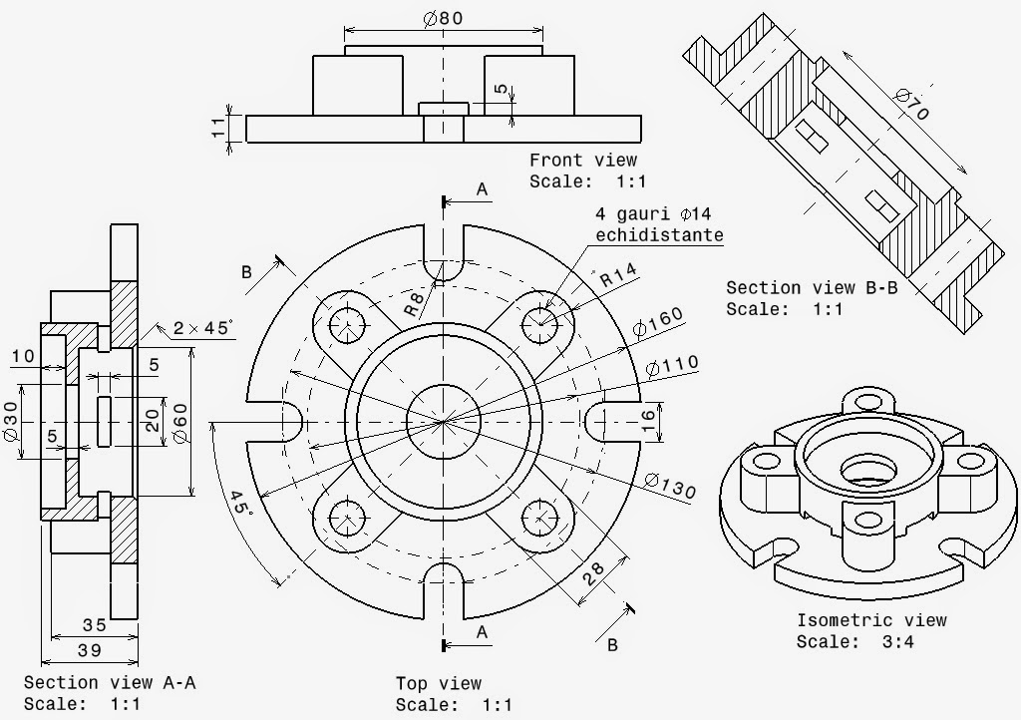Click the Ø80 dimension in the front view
[443, 18]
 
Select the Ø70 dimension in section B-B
[912, 105]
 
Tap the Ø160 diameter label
[657, 322]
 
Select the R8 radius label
[417, 302]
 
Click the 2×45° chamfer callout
[201, 328]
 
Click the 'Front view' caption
[582, 160]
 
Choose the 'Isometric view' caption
[870, 620]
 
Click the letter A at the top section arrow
[483, 189]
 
